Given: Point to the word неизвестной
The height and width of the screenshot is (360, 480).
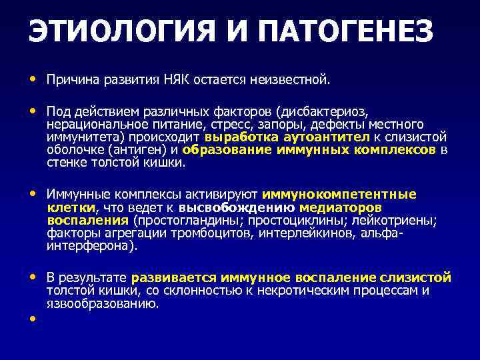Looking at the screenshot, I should pyautogui.click(x=290, y=80).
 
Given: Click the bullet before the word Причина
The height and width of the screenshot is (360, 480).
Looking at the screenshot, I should pyautogui.click(x=33, y=79).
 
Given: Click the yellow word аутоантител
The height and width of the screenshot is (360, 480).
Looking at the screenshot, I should pyautogui.click(x=327, y=137).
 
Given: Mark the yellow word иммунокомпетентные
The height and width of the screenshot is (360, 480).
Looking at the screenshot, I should pyautogui.click(x=339, y=195).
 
